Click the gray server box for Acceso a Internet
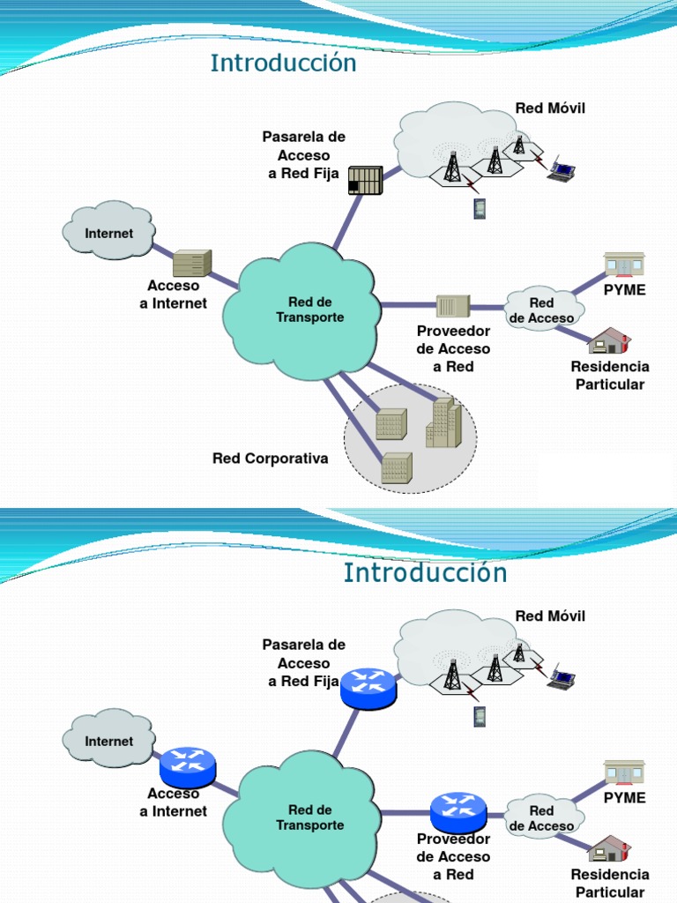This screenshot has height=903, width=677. [191, 263]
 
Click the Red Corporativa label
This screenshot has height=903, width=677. [270, 459]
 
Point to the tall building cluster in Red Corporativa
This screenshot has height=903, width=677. [443, 422]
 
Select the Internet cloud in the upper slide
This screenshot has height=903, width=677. [109, 232]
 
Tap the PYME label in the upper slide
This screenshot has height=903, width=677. [624, 290]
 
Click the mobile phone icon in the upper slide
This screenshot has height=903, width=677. [480, 208]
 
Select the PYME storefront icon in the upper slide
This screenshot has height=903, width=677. [624, 264]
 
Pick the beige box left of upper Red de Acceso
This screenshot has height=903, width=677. [453, 306]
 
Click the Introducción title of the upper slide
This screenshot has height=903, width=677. [283, 63]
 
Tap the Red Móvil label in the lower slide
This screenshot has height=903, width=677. [550, 616]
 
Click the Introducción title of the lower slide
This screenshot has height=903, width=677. [425, 572]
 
